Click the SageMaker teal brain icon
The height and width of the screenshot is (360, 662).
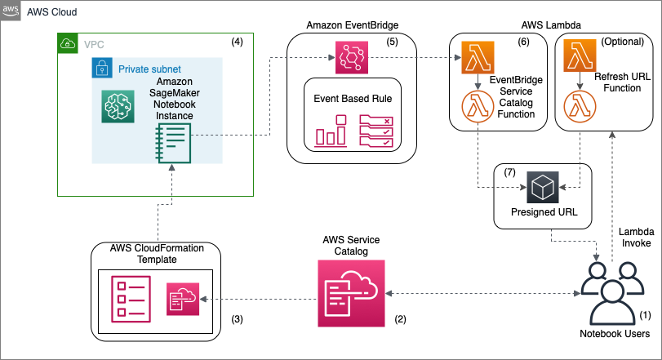[x=117, y=107]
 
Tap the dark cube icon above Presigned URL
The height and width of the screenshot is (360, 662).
[x=541, y=187]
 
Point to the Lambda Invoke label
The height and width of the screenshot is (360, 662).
[x=636, y=238]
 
